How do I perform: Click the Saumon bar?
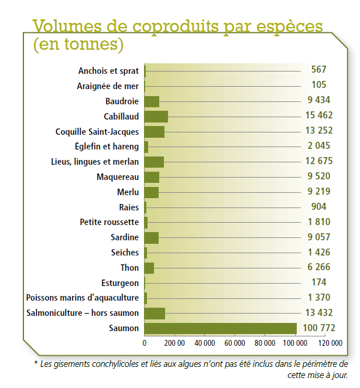pyautogui.click(x=220, y=329)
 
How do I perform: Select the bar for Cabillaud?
pyautogui.click(x=156, y=116)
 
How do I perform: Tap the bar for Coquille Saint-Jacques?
pyautogui.click(x=154, y=131)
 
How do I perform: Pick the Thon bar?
pyautogui.click(x=149, y=268)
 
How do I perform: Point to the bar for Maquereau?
pyautogui.click(x=152, y=177)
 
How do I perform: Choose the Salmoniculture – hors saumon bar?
pyautogui.click(x=155, y=314)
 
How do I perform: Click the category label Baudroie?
pyautogui.click(x=122, y=101)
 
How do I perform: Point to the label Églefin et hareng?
pyautogui.click(x=107, y=147)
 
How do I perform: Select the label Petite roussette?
pyautogui.click(x=109, y=222)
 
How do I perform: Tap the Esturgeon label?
pyautogui.click(x=120, y=283)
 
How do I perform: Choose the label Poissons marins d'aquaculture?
pyautogui.click(x=83, y=298)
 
